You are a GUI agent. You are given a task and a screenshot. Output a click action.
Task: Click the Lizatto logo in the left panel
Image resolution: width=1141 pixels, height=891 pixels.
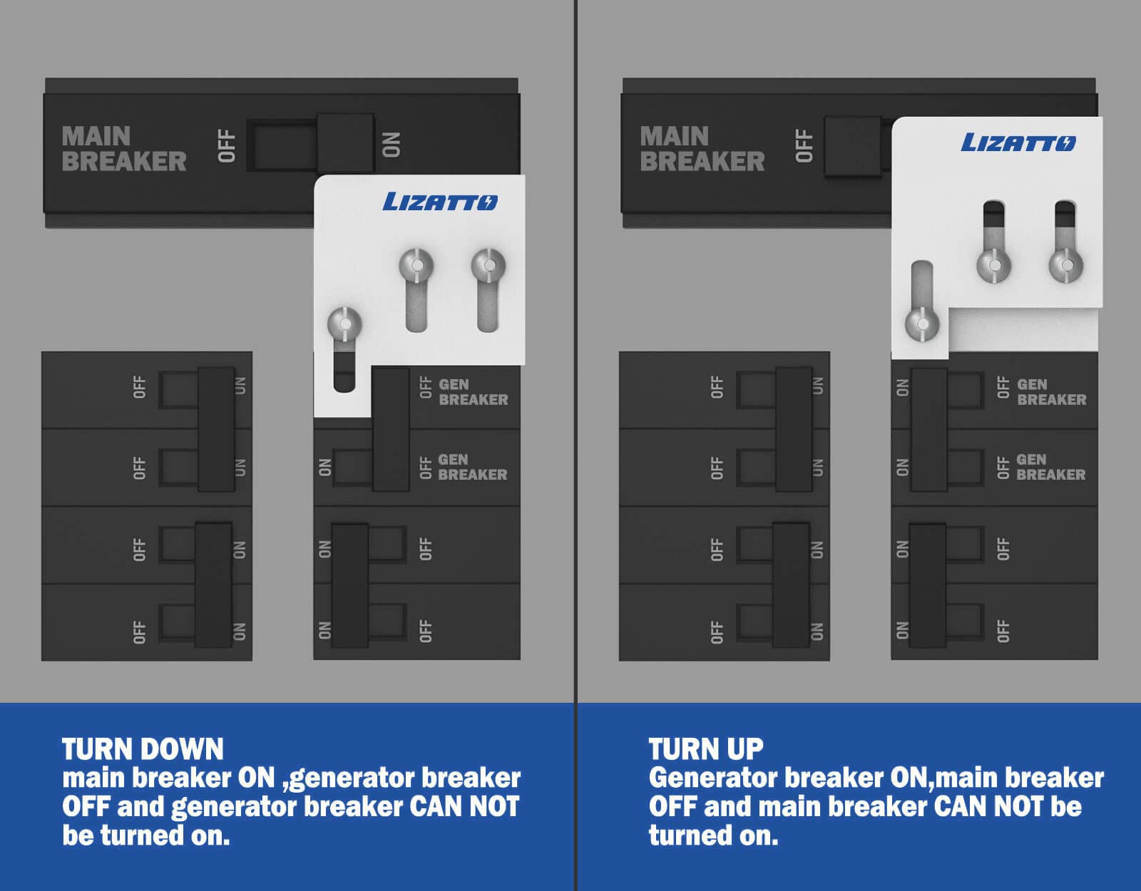(x=440, y=202)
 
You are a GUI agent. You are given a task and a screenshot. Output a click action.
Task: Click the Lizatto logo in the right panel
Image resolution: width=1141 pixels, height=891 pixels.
(x=1018, y=142)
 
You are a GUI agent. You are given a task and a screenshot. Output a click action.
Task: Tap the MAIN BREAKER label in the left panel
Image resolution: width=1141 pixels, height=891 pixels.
(x=124, y=149)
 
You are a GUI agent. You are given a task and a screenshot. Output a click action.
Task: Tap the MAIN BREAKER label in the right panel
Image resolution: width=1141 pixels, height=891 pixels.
(x=702, y=149)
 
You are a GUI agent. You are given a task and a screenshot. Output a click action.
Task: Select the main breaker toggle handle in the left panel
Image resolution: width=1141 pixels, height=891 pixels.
(x=345, y=142)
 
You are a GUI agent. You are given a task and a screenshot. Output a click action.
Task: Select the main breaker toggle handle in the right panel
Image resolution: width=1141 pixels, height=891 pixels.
(x=853, y=146)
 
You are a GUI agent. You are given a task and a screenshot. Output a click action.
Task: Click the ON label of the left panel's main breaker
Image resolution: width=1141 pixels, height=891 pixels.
(x=392, y=145)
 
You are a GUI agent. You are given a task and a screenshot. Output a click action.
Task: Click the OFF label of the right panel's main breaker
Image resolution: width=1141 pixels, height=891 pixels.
(x=804, y=146)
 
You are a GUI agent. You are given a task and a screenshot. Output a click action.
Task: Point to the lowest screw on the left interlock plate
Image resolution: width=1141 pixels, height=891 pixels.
(x=344, y=324)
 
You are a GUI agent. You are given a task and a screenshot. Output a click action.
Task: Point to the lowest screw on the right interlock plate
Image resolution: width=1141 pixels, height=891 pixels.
(x=923, y=324)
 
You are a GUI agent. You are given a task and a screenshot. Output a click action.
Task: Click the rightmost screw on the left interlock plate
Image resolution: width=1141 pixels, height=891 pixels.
(x=488, y=265)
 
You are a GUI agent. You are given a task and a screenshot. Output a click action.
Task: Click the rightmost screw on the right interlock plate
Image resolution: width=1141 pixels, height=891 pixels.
(x=1066, y=265)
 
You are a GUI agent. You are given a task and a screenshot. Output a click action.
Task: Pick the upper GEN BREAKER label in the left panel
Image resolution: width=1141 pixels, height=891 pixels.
(x=473, y=392)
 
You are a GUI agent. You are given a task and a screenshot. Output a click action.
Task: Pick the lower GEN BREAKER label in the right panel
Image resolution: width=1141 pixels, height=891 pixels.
(x=1050, y=467)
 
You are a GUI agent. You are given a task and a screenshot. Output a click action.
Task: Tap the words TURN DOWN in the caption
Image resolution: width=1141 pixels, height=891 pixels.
(x=143, y=749)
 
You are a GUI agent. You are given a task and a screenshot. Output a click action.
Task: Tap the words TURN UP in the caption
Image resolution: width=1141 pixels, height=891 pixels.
(x=706, y=749)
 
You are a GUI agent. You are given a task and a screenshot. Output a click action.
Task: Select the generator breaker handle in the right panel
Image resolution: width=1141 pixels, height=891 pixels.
(x=929, y=429)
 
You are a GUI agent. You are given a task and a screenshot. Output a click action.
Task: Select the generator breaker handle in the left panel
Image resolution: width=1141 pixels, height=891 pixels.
(x=391, y=429)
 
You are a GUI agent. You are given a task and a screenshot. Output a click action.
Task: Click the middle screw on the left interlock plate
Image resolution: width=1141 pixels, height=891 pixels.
(x=416, y=265)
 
